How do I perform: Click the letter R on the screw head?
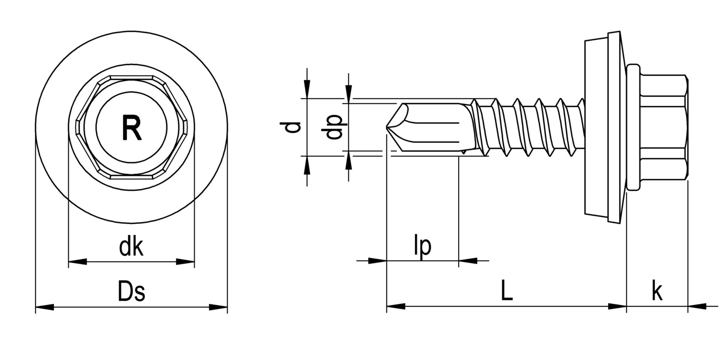132,128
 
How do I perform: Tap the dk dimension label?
131,246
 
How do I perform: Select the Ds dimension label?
131,291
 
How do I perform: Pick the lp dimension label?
423,246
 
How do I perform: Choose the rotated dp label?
334,127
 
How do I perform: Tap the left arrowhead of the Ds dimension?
45,307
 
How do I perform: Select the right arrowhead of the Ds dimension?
218,307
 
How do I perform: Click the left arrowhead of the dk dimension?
78,261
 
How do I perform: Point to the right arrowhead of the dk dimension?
185,261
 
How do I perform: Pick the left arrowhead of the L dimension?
396,306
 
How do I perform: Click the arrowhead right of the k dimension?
697,306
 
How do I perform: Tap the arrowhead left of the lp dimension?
377,261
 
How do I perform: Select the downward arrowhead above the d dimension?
307,89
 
